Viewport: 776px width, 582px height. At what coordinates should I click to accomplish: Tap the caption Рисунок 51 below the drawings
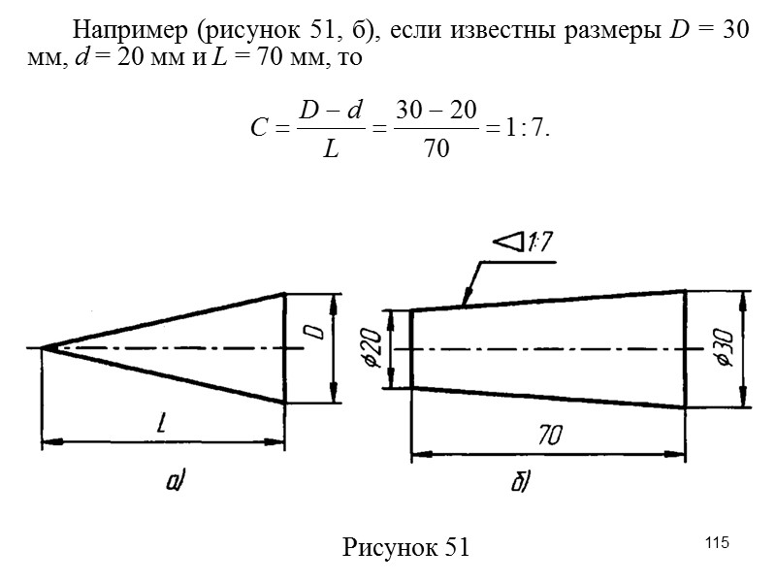pyautogui.click(x=405, y=547)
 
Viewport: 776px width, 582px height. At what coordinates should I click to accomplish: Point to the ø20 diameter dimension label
pyautogui.click(x=375, y=348)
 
